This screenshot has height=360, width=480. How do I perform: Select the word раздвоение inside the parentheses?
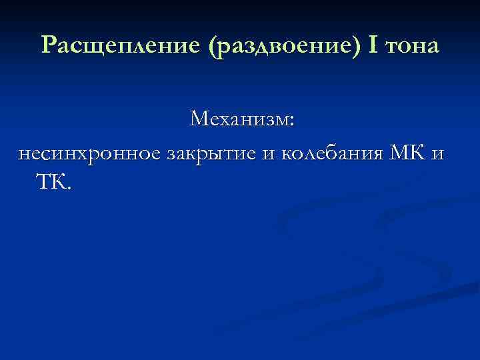pyautogui.click(x=285, y=45)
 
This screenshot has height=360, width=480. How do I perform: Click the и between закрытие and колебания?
pyautogui.click(x=269, y=155)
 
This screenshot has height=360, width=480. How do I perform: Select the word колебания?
pyautogui.click(x=331, y=154)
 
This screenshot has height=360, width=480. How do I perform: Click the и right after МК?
pyautogui.click(x=437, y=155)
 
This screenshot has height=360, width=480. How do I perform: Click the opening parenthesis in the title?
pyautogui.click(x=212, y=46)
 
